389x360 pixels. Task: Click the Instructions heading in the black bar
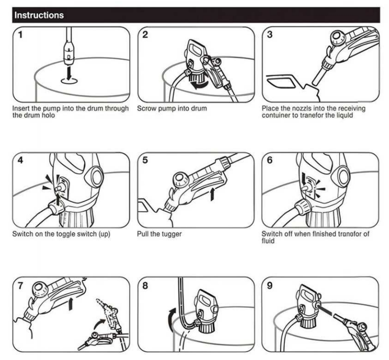[x=39, y=15]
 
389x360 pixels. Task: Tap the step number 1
[x=20, y=35]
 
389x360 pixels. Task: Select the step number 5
[x=145, y=160]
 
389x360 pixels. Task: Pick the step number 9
[x=270, y=286]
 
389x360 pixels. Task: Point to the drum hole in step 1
[x=69, y=81]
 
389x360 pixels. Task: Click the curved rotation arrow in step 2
[x=200, y=85]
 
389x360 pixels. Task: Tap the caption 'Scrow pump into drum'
[x=172, y=109]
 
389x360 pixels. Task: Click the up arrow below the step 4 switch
[x=58, y=199]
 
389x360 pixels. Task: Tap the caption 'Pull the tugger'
[x=159, y=234]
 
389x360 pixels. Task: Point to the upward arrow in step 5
[x=212, y=194]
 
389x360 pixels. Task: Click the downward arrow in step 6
[x=304, y=179]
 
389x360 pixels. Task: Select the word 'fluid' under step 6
[x=268, y=241]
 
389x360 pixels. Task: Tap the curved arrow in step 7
[x=100, y=324]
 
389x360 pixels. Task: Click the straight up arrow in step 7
[x=71, y=304]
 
